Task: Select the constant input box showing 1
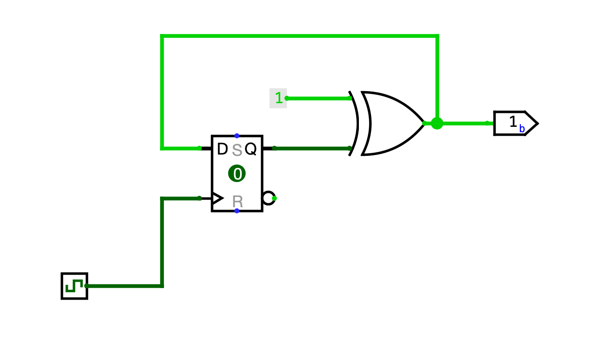(278, 98)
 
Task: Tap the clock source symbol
(74, 286)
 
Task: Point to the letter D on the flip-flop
(222, 149)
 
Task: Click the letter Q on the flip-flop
(251, 149)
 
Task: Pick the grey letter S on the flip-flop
(237, 151)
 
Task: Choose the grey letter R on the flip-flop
(237, 201)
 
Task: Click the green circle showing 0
(237, 173)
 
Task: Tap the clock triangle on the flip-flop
(217, 198)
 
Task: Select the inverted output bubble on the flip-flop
(268, 198)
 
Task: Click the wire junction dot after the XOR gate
(437, 123)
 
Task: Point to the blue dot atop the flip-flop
(237, 135)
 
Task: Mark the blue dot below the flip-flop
(237, 211)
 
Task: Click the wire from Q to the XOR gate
(313, 148)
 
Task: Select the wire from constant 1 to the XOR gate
(317, 98)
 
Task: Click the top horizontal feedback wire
(299, 36)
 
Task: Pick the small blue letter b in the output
(522, 129)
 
